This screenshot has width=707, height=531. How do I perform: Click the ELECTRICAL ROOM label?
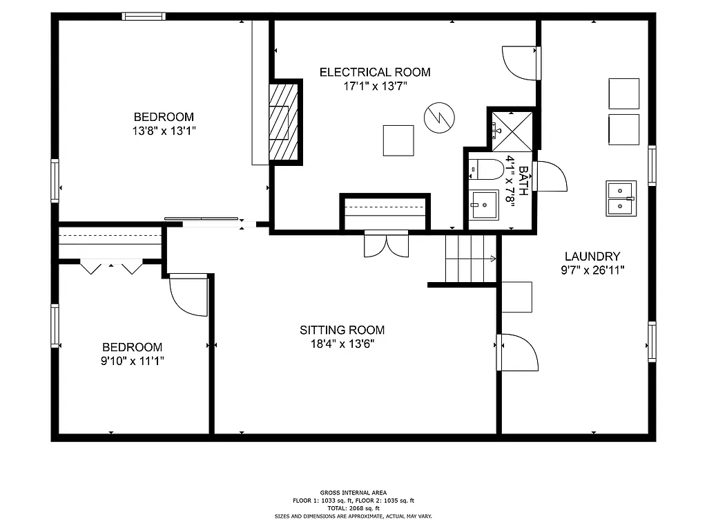point(375,72)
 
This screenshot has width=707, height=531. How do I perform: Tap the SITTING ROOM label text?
point(342,330)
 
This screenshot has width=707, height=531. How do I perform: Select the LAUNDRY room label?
point(592,256)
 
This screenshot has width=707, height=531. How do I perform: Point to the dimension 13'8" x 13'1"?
point(164,130)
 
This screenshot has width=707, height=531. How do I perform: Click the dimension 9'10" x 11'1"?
point(133,360)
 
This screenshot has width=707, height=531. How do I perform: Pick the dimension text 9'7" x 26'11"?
point(592,270)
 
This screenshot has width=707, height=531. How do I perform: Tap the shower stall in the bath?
point(512,130)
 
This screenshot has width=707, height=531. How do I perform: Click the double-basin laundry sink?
point(621,198)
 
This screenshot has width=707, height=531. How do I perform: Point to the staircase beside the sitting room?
point(471,259)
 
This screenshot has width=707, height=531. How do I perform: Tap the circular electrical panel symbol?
point(438,117)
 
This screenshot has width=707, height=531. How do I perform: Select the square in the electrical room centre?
point(398,140)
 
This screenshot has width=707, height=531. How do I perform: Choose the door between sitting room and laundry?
point(518,351)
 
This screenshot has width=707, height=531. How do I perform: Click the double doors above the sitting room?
point(387,245)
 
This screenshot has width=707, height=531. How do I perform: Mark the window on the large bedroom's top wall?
point(144,17)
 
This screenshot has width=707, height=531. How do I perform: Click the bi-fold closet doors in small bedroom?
point(110,267)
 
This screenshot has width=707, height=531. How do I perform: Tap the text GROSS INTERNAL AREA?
point(353,492)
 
